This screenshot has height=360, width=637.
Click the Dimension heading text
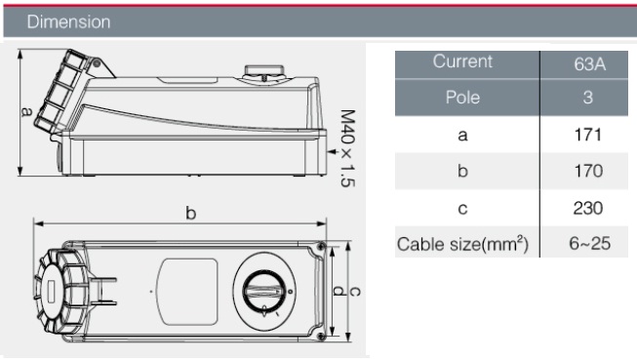tap(68, 21)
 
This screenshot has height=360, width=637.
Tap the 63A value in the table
tap(589, 64)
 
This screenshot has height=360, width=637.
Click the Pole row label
tap(462, 98)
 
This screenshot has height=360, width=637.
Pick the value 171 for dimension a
tap(587, 135)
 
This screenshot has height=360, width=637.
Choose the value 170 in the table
tap(587, 171)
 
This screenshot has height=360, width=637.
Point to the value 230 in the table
tap(588, 208)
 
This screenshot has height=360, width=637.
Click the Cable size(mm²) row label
tap(462, 244)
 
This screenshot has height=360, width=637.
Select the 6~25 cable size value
tap(589, 243)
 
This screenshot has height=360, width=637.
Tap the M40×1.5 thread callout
tap(347, 148)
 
